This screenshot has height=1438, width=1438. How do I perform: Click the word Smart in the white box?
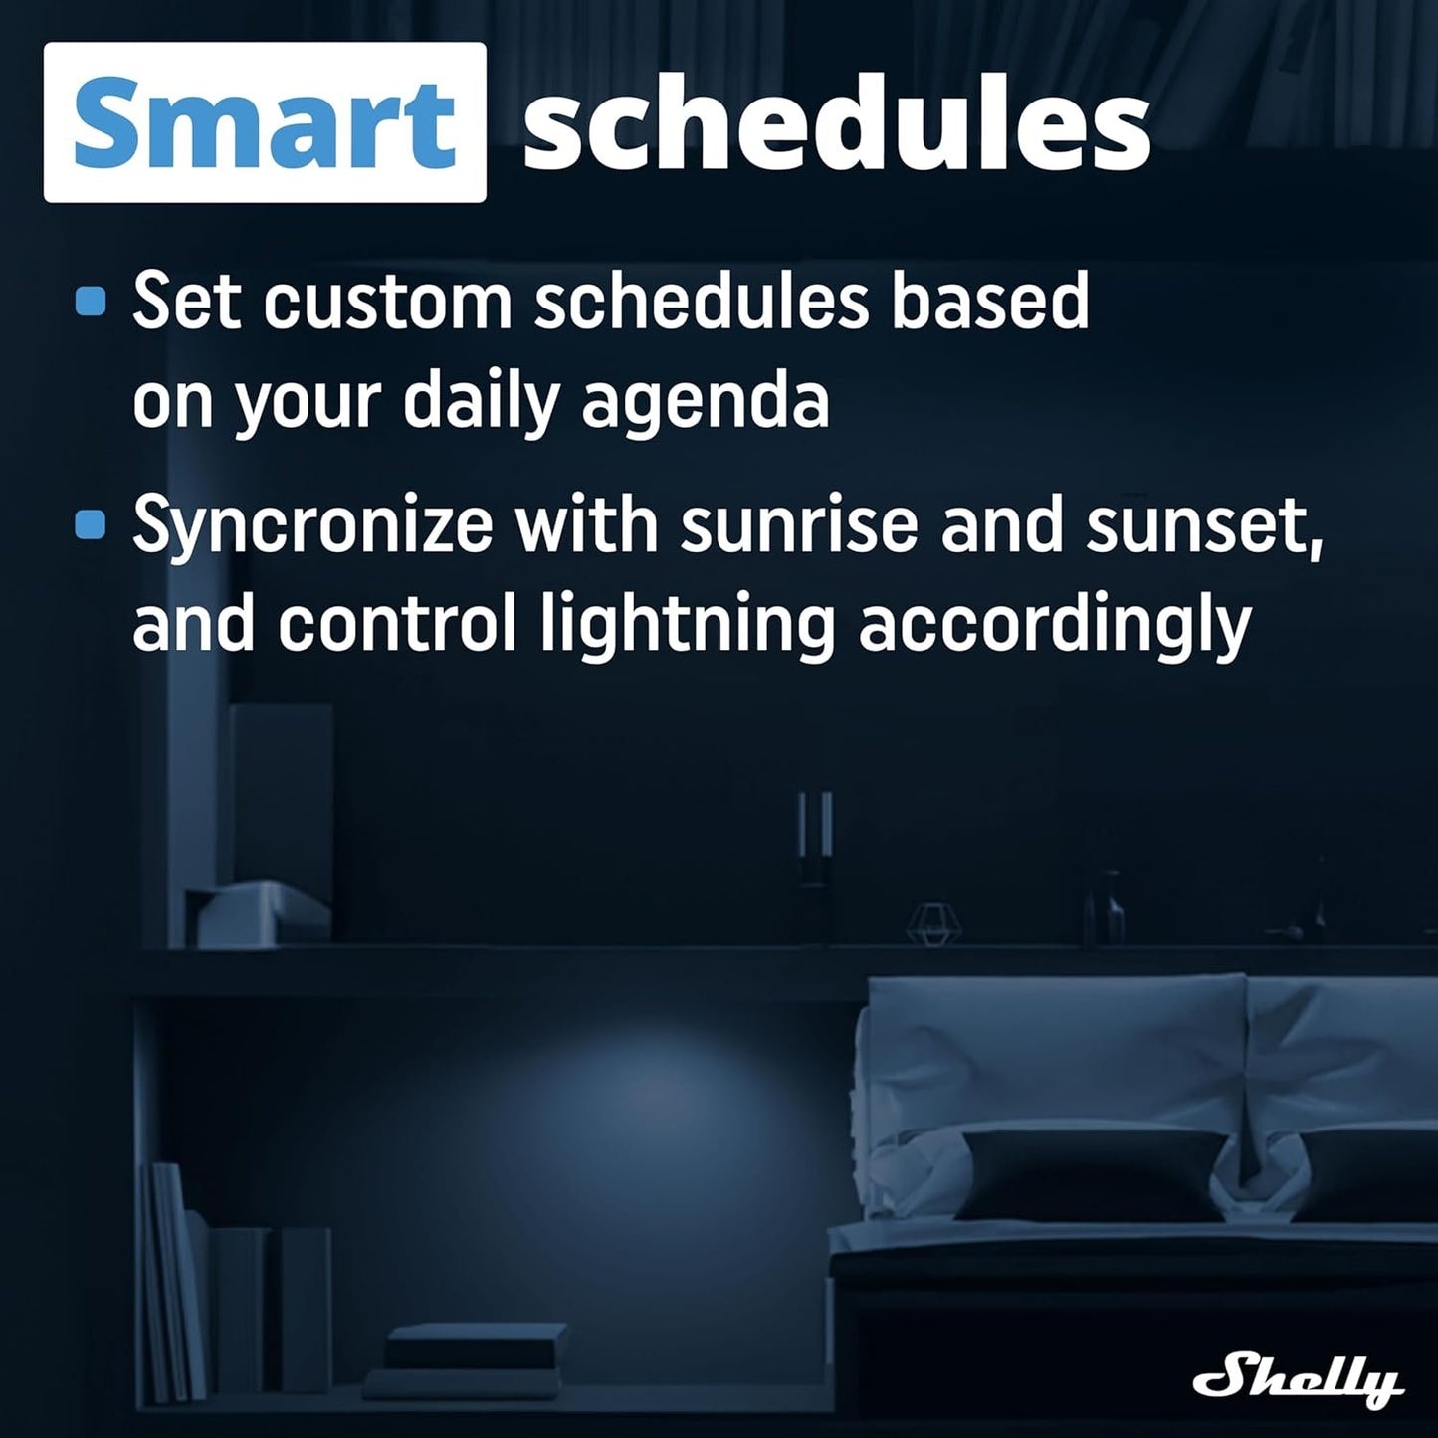click(x=265, y=124)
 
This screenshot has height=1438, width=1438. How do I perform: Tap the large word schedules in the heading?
click(x=836, y=126)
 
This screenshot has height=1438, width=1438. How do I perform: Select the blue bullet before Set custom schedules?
click(x=91, y=302)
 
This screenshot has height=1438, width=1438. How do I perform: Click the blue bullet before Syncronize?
click(x=91, y=524)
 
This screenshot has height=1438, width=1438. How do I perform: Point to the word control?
click(x=397, y=625)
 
